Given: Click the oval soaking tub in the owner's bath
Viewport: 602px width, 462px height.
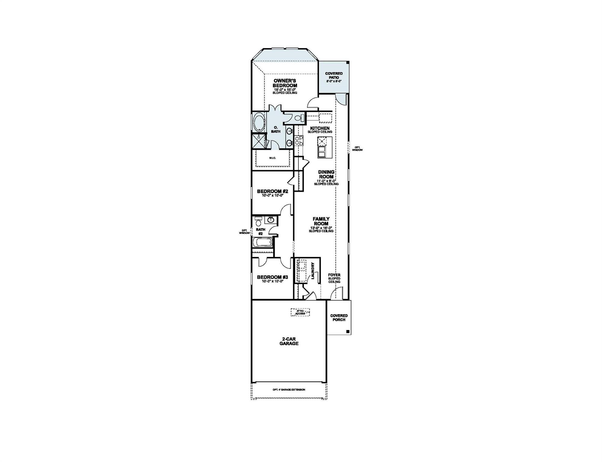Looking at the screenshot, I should tap(259, 122).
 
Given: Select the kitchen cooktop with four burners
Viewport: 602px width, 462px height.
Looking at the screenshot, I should tap(299, 140).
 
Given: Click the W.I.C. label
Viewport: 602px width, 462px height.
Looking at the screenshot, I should tap(272, 158).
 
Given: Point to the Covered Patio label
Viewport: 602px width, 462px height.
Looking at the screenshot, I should tap(334, 75).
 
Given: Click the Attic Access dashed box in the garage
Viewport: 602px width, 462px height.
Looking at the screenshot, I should tap(300, 312).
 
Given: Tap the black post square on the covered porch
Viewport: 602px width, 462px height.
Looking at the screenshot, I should tap(348, 331).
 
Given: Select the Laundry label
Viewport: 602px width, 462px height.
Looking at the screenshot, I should tap(313, 271).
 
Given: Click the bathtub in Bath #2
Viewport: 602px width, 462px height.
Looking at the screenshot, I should tap(263, 242).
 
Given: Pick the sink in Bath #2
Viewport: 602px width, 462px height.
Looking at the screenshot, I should tap(271, 220).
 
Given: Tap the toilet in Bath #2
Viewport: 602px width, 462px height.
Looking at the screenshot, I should tap(258, 223).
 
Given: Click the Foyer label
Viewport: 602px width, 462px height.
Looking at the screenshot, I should tap(334, 275).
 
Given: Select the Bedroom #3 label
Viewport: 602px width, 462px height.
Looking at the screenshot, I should tap(272, 277).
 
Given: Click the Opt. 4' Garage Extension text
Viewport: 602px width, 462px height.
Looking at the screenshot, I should tap(289, 390).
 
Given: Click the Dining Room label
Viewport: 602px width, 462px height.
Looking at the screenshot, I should tap(326, 174).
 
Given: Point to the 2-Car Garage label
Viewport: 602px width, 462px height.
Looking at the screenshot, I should tap(289, 341).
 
